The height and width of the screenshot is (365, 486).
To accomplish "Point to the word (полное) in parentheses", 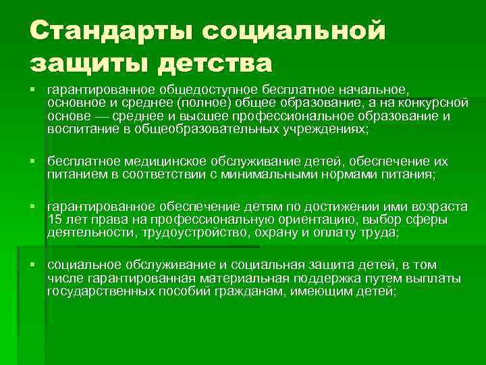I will [204, 103].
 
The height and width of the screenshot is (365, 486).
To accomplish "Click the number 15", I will [55, 220].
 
